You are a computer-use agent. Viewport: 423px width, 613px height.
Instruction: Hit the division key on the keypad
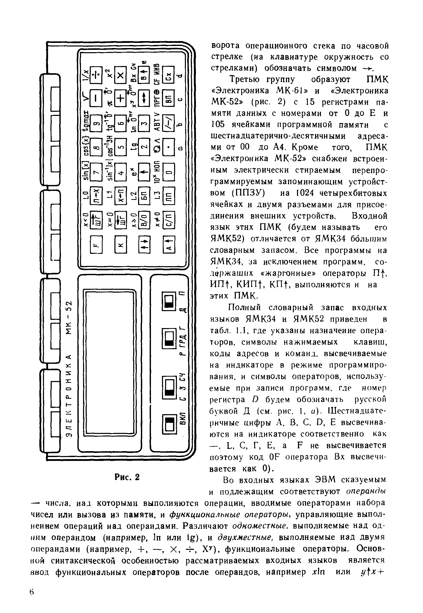[96, 75]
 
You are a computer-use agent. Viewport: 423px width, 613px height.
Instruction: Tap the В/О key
[145, 219]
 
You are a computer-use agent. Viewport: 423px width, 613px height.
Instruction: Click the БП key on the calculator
[145, 196]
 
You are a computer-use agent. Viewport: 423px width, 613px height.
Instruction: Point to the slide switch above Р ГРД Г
[169, 339]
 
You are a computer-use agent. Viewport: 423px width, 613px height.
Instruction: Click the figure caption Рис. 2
[127, 477]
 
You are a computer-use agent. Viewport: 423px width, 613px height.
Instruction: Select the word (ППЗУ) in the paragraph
[248, 193]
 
